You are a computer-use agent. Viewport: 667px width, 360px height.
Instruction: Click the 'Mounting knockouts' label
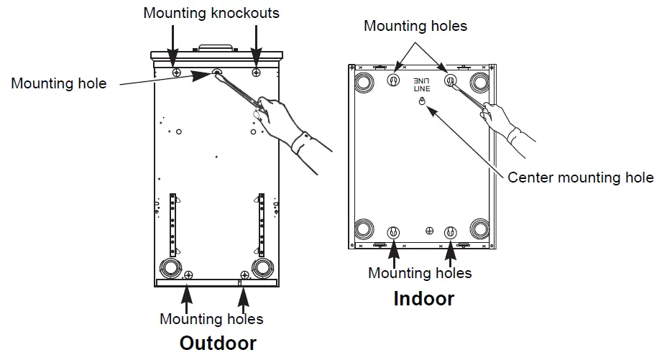pyautogui.click(x=211, y=13)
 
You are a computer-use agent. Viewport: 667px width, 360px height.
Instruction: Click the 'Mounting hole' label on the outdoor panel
pyautogui.click(x=58, y=83)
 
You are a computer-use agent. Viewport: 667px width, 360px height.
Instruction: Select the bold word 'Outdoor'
pyautogui.click(x=217, y=343)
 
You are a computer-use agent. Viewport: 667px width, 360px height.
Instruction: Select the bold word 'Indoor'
pyautogui.click(x=423, y=298)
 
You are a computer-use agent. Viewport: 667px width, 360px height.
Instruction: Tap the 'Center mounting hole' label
pyautogui.click(x=581, y=177)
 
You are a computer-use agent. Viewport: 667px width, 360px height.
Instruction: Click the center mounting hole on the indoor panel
pyautogui.click(x=423, y=102)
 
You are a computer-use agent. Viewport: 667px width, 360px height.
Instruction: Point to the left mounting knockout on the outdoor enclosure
pyautogui.click(x=175, y=73)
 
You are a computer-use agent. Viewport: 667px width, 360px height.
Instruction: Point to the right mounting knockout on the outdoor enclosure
pyautogui.click(x=257, y=73)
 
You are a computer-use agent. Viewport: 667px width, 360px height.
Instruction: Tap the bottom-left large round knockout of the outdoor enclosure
pyautogui.click(x=170, y=268)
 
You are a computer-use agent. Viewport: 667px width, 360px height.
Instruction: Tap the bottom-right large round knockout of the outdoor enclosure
pyautogui.click(x=261, y=268)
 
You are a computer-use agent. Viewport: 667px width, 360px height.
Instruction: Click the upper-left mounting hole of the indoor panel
pyautogui.click(x=393, y=80)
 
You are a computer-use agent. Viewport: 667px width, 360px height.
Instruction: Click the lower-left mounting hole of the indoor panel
pyautogui.click(x=393, y=233)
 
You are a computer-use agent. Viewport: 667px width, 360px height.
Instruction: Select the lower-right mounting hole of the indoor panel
pyautogui.click(x=451, y=233)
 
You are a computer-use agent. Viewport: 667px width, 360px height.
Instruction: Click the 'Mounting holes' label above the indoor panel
pyautogui.click(x=415, y=26)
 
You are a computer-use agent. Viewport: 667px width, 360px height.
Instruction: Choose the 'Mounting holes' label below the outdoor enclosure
pyautogui.click(x=211, y=318)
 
